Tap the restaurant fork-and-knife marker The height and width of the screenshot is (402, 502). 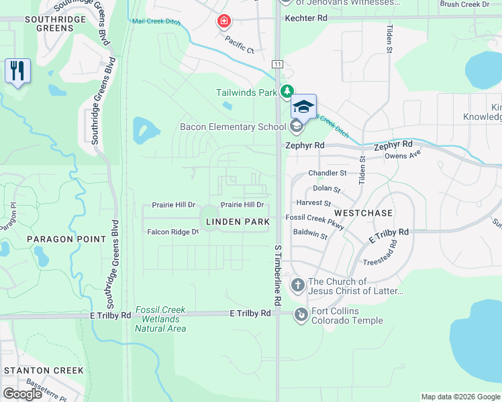(17, 70)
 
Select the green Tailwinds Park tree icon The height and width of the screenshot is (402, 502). (288, 92)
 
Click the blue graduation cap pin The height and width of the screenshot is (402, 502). (303, 107)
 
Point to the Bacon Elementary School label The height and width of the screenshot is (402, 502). (232, 127)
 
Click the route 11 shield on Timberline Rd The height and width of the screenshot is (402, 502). (277, 64)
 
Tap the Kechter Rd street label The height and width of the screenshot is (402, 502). (305, 18)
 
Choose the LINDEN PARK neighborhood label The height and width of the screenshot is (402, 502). (238, 222)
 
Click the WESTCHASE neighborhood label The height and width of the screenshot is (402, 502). (362, 212)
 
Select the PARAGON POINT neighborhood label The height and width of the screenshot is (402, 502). (66, 239)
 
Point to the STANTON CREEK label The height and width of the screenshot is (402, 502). (44, 371)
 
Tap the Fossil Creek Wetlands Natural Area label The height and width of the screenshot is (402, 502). (160, 319)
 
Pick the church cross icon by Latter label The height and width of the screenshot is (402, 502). (298, 286)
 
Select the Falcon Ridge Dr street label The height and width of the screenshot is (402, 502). (173, 232)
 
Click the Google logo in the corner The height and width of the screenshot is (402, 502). (22, 394)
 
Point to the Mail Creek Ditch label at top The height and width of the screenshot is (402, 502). (157, 21)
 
